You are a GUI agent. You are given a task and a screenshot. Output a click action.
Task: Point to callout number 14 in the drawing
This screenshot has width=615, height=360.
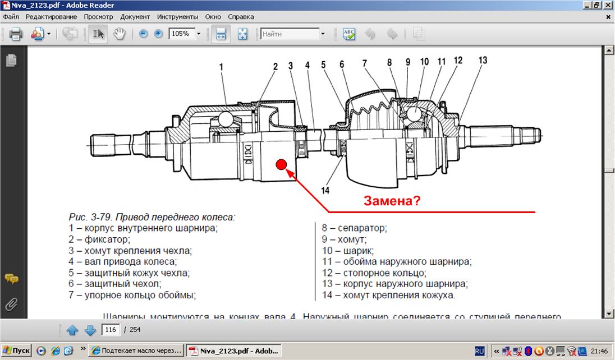324,190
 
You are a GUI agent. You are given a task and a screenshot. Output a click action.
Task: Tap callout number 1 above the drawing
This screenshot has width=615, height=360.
222,67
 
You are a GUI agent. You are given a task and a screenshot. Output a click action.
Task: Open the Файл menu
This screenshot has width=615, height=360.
11,17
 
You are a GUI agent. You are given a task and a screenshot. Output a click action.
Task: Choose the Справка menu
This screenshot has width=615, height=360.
241,17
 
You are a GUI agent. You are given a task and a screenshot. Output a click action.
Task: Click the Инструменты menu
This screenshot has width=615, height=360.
177,17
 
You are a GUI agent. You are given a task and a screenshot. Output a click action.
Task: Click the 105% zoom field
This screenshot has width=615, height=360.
181,34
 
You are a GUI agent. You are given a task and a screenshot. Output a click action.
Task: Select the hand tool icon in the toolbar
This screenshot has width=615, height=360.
119,34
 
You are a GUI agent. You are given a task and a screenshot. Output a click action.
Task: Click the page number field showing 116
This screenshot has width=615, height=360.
111,330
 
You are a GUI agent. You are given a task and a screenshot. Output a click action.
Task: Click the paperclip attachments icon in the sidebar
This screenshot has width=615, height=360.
10,304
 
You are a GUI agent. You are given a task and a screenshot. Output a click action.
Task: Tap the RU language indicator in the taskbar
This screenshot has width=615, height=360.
480,350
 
